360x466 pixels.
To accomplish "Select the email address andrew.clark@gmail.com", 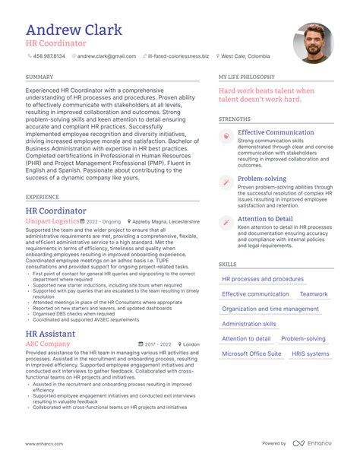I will point(106,56).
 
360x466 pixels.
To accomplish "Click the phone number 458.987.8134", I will point(49,56).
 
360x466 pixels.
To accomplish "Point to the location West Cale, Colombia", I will point(246,56).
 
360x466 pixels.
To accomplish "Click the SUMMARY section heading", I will point(39,78).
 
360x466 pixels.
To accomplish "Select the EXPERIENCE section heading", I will point(43,196).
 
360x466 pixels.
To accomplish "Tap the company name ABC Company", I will point(48,344).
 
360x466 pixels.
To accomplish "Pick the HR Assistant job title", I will point(50,333).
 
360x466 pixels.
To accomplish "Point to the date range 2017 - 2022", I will point(159,344).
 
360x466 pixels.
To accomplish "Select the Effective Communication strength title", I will point(276,132).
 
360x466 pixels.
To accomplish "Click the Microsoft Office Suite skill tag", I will point(251,353).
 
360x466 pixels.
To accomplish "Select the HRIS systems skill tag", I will point(311,353).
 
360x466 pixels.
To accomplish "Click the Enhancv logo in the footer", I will point(311,443).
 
